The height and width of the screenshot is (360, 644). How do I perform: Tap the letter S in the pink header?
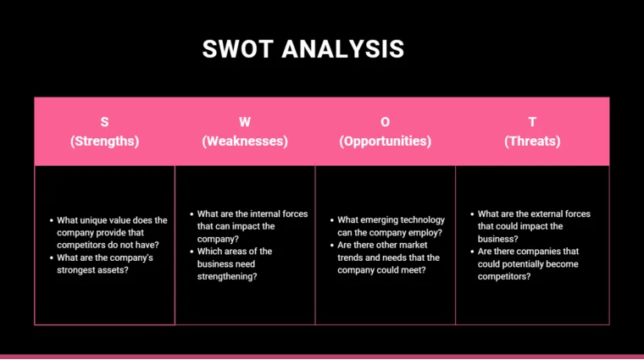point(105,122)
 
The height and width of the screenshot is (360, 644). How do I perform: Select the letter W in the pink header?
point(245,122)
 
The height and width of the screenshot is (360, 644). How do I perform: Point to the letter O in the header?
point(386,122)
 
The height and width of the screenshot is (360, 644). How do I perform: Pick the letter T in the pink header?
point(532,122)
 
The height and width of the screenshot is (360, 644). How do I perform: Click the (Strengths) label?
point(105,141)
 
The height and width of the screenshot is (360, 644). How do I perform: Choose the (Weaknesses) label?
point(245,141)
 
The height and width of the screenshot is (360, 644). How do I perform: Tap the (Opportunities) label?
point(386,141)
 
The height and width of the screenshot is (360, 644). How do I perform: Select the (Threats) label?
point(532,141)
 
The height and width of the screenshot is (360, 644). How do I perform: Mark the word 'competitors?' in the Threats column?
point(505,277)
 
